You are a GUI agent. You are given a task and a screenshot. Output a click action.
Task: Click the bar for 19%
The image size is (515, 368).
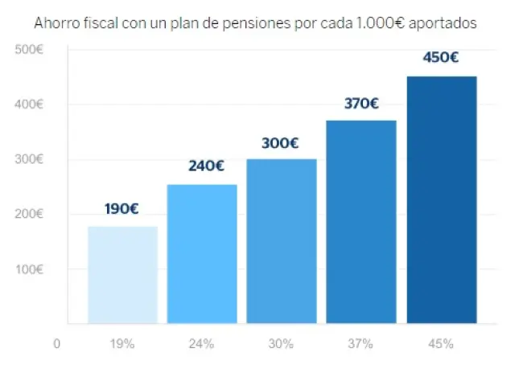click(x=122, y=275)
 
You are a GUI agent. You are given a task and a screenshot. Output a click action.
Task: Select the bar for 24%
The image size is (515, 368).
click(x=202, y=254)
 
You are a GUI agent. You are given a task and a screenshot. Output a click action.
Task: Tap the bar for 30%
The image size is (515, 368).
click(x=282, y=241)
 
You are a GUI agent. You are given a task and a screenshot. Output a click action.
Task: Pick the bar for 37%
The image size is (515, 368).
click(x=361, y=222)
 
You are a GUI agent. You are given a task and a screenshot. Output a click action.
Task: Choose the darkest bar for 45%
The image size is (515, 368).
click(x=441, y=200)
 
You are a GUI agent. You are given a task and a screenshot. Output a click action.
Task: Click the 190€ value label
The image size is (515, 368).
click(x=122, y=209)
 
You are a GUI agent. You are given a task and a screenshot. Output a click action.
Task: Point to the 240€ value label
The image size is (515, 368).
click(x=206, y=166)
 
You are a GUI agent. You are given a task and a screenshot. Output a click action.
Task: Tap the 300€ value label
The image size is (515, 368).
click(x=280, y=144)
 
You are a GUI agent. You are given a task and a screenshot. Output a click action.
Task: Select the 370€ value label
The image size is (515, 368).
click(x=361, y=104)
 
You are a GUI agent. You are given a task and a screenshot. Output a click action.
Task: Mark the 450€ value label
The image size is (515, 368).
click(x=441, y=58)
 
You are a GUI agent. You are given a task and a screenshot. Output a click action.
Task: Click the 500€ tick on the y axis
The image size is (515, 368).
click(x=30, y=50)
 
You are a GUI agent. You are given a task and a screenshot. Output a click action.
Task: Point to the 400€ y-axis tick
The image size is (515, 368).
click(x=30, y=104)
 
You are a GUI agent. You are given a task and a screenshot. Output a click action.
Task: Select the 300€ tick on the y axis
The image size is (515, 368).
click(x=30, y=159)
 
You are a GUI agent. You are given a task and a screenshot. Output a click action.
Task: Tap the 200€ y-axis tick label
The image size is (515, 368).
click(x=30, y=215)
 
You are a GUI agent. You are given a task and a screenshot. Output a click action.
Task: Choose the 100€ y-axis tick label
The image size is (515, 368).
click(x=30, y=269)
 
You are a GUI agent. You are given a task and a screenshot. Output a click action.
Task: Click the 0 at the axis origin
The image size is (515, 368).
click(x=57, y=344)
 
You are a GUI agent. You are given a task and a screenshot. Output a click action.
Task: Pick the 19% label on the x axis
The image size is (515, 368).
click(x=122, y=344)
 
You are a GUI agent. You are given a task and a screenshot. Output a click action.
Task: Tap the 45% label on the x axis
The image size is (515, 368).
click(x=441, y=344)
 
